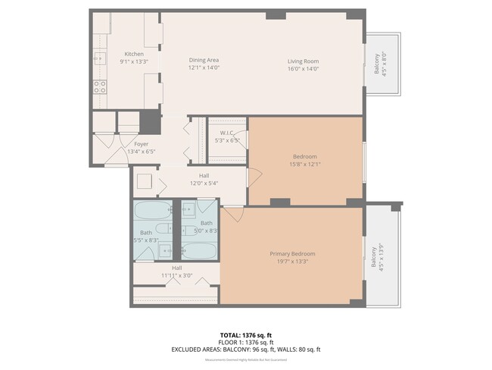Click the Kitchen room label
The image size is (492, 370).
134,54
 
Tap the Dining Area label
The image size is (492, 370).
204,61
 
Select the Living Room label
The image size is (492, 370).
303,61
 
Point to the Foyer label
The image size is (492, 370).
142,143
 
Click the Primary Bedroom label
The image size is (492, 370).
293,253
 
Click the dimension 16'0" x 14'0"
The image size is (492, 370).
303,68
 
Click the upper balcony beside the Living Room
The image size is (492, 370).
383,64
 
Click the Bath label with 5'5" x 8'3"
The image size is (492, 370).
146,236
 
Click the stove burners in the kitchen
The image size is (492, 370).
99,86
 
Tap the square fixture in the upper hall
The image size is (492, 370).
144,182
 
